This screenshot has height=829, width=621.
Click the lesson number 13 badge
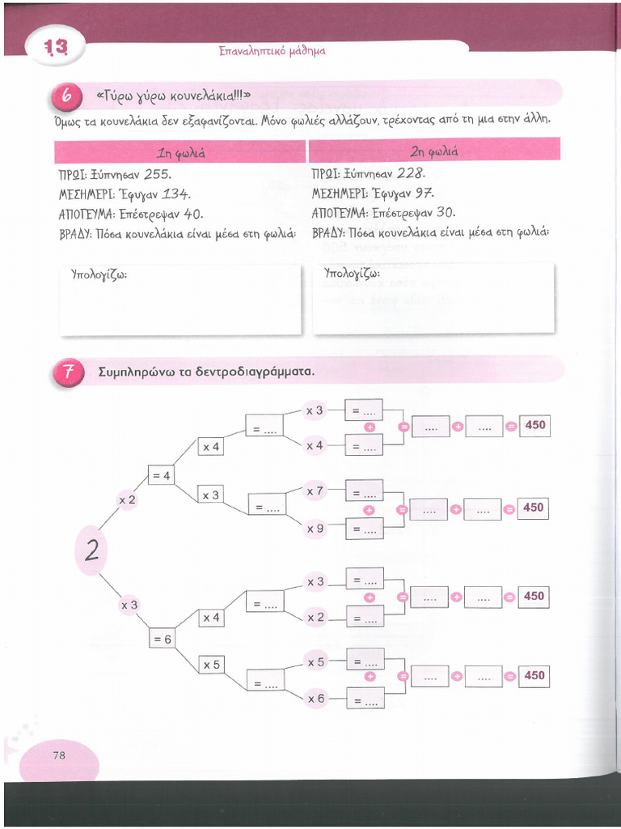[x=56, y=49]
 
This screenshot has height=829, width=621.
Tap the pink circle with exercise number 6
[x=68, y=96]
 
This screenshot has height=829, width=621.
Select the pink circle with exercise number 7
[x=68, y=372]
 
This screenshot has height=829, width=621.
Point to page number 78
[x=58, y=755]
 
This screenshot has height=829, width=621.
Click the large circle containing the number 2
[x=92, y=551]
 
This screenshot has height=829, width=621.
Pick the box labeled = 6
[x=161, y=639]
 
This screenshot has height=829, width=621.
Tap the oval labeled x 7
[x=315, y=491]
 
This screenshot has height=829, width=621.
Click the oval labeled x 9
[x=315, y=529]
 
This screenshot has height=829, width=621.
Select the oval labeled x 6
[x=315, y=699]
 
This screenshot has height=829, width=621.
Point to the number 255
[x=157, y=173]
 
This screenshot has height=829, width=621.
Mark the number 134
[x=175, y=193]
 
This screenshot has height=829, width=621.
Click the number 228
[x=411, y=173]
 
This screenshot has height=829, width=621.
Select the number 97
[x=423, y=193]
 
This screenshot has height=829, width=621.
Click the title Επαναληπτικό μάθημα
[x=272, y=50]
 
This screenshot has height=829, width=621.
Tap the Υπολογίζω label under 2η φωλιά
[x=351, y=274]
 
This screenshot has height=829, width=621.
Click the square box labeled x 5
[x=211, y=664]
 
